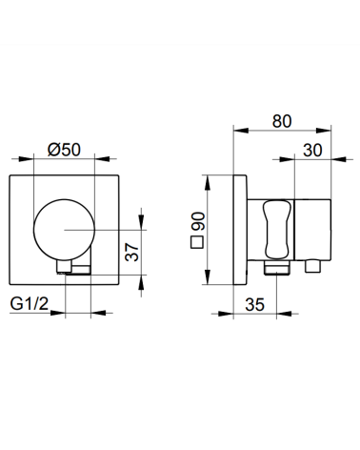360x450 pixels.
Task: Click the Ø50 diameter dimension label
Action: tap(64, 150)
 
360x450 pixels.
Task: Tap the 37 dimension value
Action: tap(132, 252)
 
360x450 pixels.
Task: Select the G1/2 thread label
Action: tap(30, 303)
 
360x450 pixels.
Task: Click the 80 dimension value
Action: tap(282, 121)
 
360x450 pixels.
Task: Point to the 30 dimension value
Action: tap(312, 151)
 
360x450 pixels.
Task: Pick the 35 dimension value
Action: tap(254, 305)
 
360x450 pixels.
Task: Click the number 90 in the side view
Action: tap(197, 221)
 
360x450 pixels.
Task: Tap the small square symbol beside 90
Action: tap(197, 242)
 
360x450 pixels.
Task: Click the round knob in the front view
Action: tap(64, 230)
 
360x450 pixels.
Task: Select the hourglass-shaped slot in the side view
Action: tap(276, 230)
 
